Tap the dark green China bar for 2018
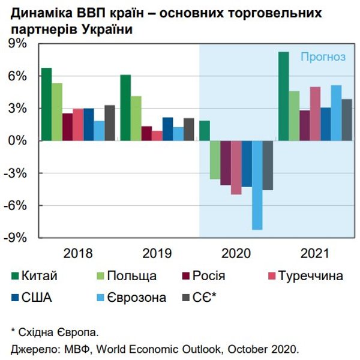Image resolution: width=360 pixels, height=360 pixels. [x=46, y=104]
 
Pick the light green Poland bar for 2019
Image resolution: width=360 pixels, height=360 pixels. [x=136, y=118]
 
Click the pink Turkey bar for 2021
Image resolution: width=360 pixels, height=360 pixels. [x=315, y=114]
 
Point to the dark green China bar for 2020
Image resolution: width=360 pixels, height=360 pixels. [x=205, y=131]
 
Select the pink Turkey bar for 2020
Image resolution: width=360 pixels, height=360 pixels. [x=236, y=167]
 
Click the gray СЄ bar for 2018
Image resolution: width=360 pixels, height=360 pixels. [x=109, y=123]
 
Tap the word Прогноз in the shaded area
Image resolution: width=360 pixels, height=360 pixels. [x=323, y=57]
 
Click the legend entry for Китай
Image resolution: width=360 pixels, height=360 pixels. [x=39, y=276]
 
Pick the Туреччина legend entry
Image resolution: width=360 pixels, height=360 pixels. [x=309, y=276]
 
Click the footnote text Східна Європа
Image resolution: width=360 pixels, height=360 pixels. [x=57, y=331]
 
